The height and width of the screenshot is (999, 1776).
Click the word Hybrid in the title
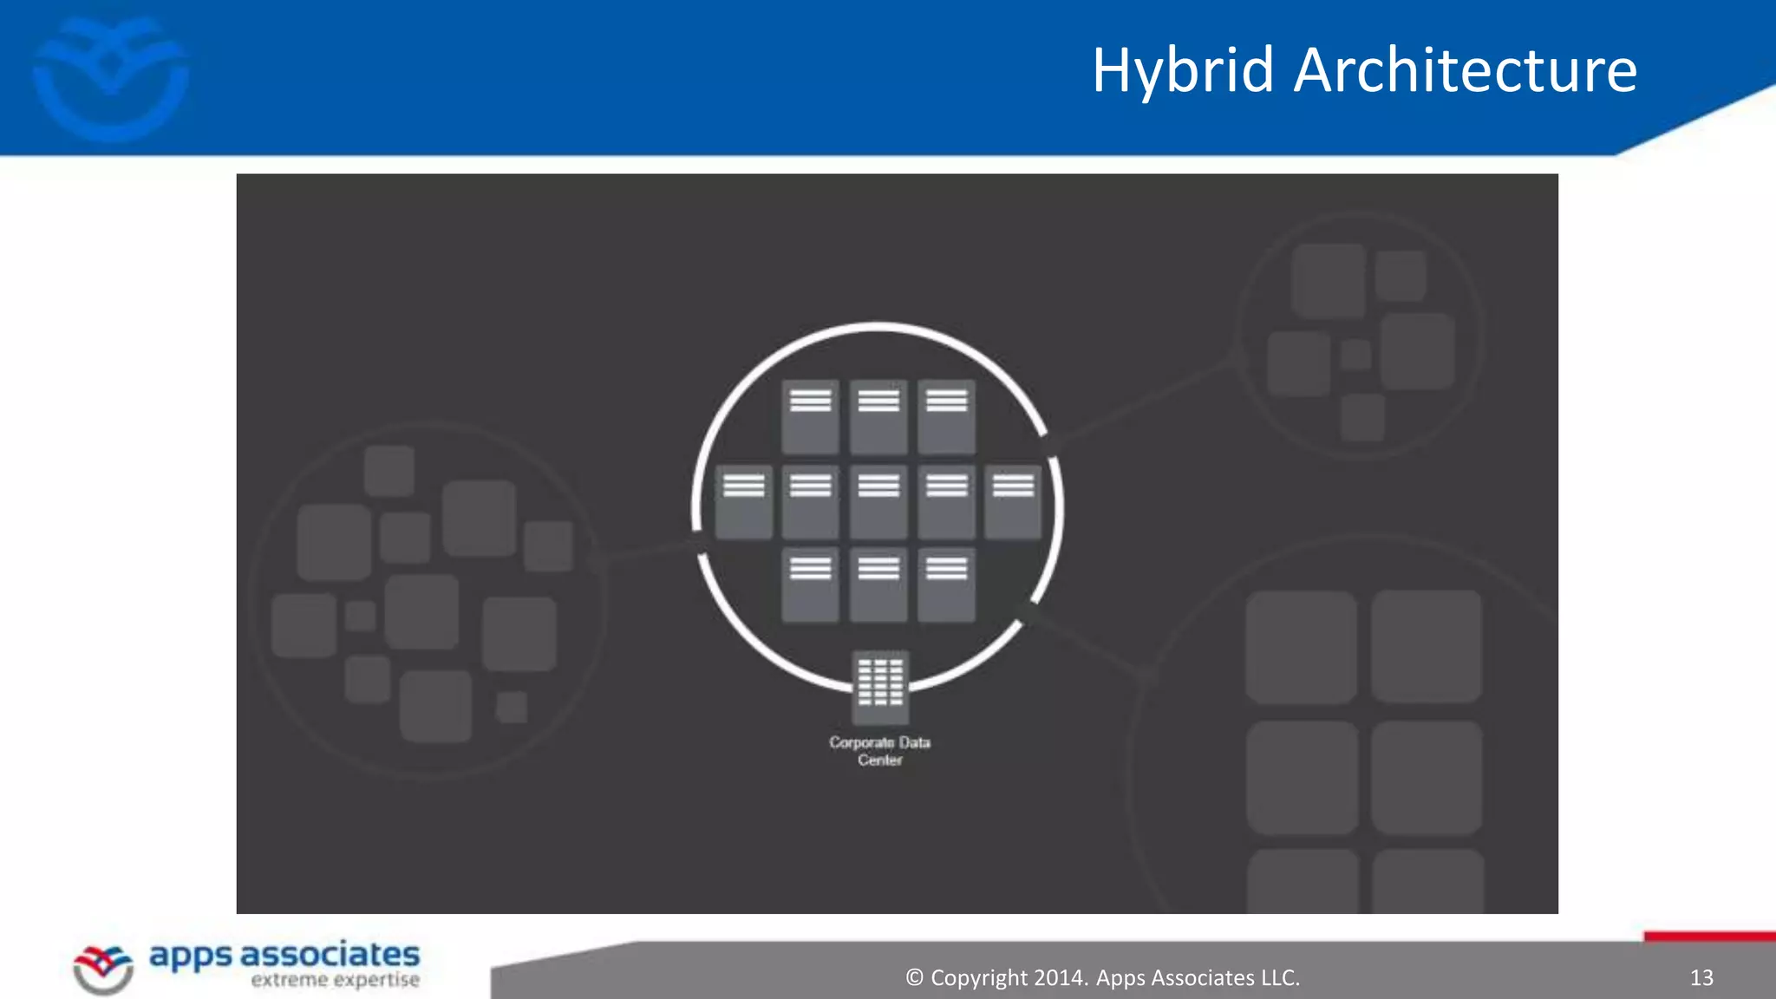(1183, 71)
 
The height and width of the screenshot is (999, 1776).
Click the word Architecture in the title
(1465, 71)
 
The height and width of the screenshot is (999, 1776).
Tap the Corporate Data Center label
(879, 751)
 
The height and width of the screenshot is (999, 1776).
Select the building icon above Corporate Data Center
(880, 687)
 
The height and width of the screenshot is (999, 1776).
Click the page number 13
(1701, 978)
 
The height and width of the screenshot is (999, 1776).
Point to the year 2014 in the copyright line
(1058, 978)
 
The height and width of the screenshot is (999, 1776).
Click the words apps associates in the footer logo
(284, 956)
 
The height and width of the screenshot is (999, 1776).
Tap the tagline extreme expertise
(335, 981)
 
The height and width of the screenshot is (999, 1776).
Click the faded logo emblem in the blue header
(111, 78)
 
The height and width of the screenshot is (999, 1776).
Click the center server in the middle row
(878, 502)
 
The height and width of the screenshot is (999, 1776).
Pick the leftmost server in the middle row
(743, 502)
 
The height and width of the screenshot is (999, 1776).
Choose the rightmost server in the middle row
(1013, 502)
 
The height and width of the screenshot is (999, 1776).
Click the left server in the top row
(810, 416)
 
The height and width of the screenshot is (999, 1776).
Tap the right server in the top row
(946, 416)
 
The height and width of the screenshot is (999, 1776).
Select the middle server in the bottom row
(878, 584)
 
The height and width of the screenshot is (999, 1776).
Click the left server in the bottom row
(810, 584)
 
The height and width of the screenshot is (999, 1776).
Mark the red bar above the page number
(1709, 937)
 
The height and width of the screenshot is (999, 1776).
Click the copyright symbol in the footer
(914, 978)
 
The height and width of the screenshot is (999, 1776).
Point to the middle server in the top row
(878, 416)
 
